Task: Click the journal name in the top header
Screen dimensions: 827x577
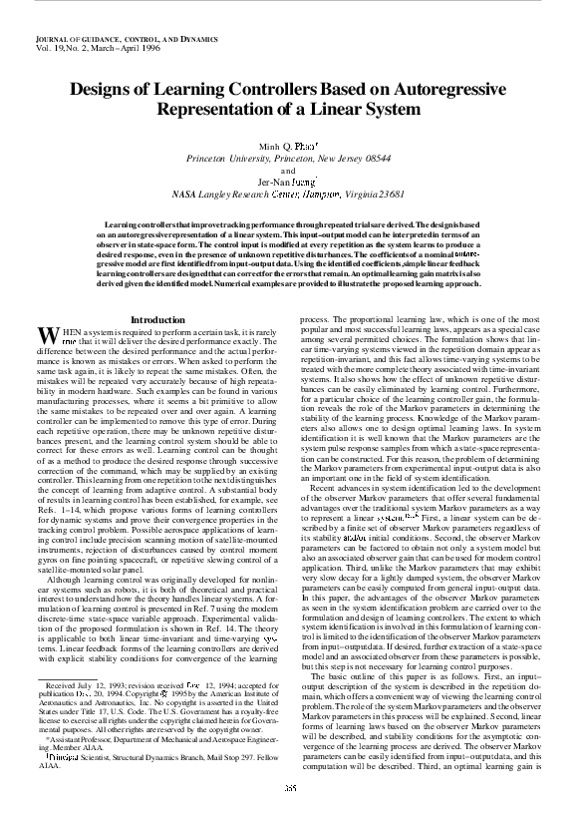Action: click(x=98, y=37)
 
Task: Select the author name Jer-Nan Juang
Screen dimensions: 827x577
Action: click(x=288, y=182)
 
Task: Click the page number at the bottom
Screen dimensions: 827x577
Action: click(x=288, y=814)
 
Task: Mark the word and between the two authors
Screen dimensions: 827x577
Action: click(x=288, y=170)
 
